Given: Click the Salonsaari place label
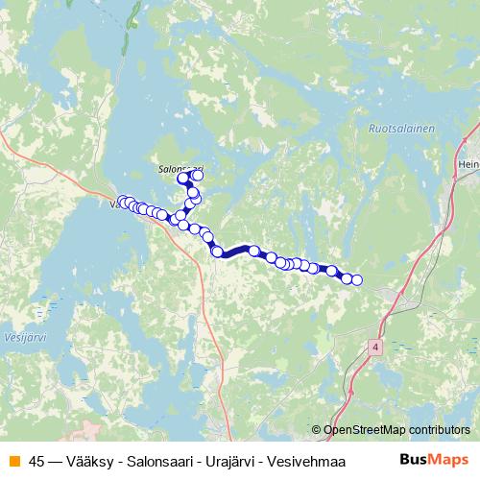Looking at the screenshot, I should [x=180, y=167].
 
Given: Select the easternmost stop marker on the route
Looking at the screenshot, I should [x=357, y=280].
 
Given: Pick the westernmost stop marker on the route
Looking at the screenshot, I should [x=122, y=202].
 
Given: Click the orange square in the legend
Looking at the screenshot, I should [x=13, y=460].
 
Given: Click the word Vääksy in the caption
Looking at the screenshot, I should [x=81, y=460].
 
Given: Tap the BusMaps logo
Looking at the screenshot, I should [x=433, y=459].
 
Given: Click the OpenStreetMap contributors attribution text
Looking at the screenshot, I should [x=396, y=430].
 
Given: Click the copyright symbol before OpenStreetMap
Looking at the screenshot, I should [x=316, y=430].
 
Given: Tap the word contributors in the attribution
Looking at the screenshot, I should [x=439, y=430].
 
